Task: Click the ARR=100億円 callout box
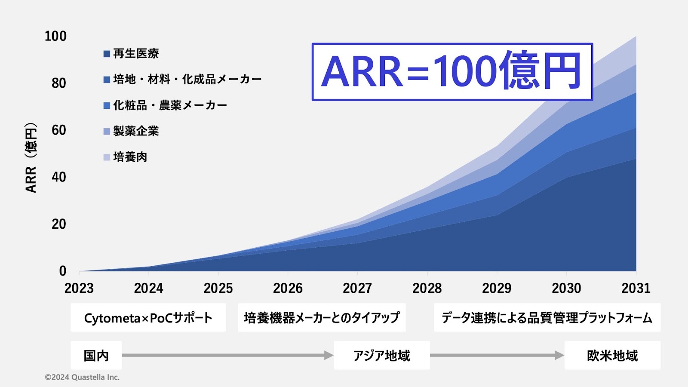[x=452, y=72]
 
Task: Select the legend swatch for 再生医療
[x=107, y=54]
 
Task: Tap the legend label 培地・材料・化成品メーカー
[x=187, y=80]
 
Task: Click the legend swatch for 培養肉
[x=107, y=157]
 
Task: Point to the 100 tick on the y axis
[x=55, y=36]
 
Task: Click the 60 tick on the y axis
[x=58, y=130]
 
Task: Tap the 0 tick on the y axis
[x=63, y=271]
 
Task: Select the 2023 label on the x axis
[x=79, y=289]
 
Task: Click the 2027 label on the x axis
[x=357, y=289]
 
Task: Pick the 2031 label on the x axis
[x=636, y=289]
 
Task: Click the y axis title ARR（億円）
[x=31, y=158]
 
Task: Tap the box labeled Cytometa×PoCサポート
[x=148, y=318]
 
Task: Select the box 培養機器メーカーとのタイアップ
[x=322, y=318]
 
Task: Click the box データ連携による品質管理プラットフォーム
[x=547, y=318]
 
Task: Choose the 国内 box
[x=96, y=355]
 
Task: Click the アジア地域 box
[x=382, y=355]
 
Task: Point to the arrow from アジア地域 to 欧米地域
[x=497, y=355]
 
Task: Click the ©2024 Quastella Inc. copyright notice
[x=82, y=377]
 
